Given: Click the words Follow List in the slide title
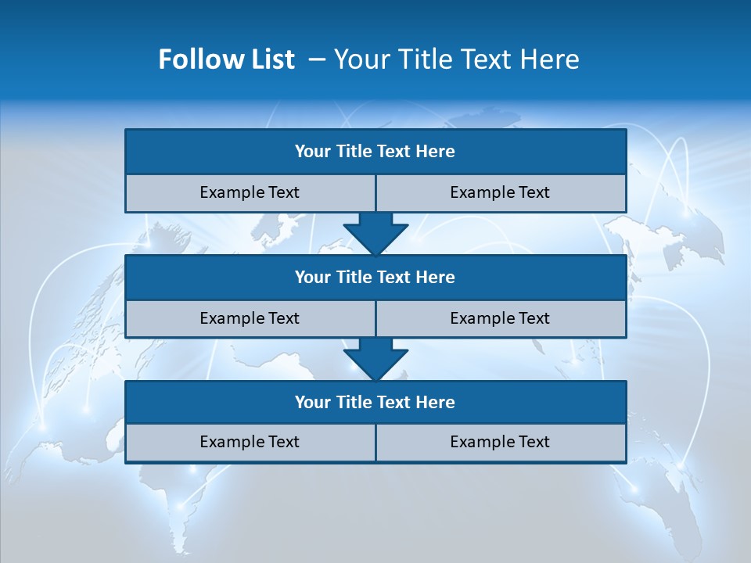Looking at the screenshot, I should coord(226,59).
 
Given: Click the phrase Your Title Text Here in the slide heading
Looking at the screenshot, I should coord(456,59).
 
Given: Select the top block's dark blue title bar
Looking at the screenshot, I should coord(375,152).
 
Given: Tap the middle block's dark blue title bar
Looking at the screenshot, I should coord(375,277).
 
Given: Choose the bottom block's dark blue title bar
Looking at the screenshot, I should coord(375,402).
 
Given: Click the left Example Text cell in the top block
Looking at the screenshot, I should coord(250,192).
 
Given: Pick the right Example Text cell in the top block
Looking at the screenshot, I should coord(500,192).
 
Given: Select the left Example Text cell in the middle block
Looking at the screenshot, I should coord(250,318).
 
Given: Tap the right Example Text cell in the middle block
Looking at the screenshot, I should coord(500,318).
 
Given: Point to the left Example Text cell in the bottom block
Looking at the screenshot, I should coord(250,442).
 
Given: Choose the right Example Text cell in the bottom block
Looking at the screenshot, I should coord(500,442).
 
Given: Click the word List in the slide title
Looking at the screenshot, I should coord(271,59).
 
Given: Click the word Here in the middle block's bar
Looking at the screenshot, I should coord(436,277).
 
